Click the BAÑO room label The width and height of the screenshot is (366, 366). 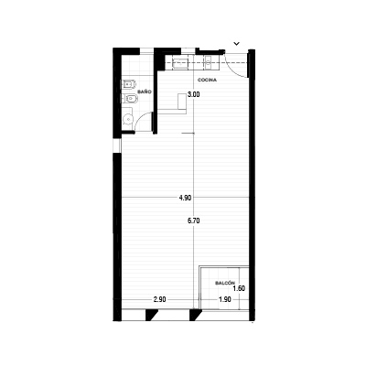[145, 91]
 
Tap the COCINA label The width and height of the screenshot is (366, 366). [207, 80]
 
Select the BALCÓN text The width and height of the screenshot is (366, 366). [225, 283]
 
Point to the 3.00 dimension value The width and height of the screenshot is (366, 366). [194, 94]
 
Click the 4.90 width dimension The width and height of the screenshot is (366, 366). [185, 198]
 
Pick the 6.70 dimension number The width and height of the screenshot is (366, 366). [194, 221]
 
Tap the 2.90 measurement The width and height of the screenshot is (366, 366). [160, 299]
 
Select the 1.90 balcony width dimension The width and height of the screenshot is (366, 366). [225, 299]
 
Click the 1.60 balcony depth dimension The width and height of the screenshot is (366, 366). [239, 288]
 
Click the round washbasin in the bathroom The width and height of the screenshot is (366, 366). [128, 118]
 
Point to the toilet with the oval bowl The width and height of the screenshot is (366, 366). [130, 99]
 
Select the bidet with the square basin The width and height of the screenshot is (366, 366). [129, 83]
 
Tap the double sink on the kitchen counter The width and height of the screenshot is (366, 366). [209, 62]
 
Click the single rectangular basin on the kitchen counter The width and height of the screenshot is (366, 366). [180, 63]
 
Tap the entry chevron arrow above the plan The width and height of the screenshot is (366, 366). [236, 44]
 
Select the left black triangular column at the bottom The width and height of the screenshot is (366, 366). [151, 315]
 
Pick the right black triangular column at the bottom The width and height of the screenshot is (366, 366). [195, 315]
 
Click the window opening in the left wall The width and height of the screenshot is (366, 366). [117, 145]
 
